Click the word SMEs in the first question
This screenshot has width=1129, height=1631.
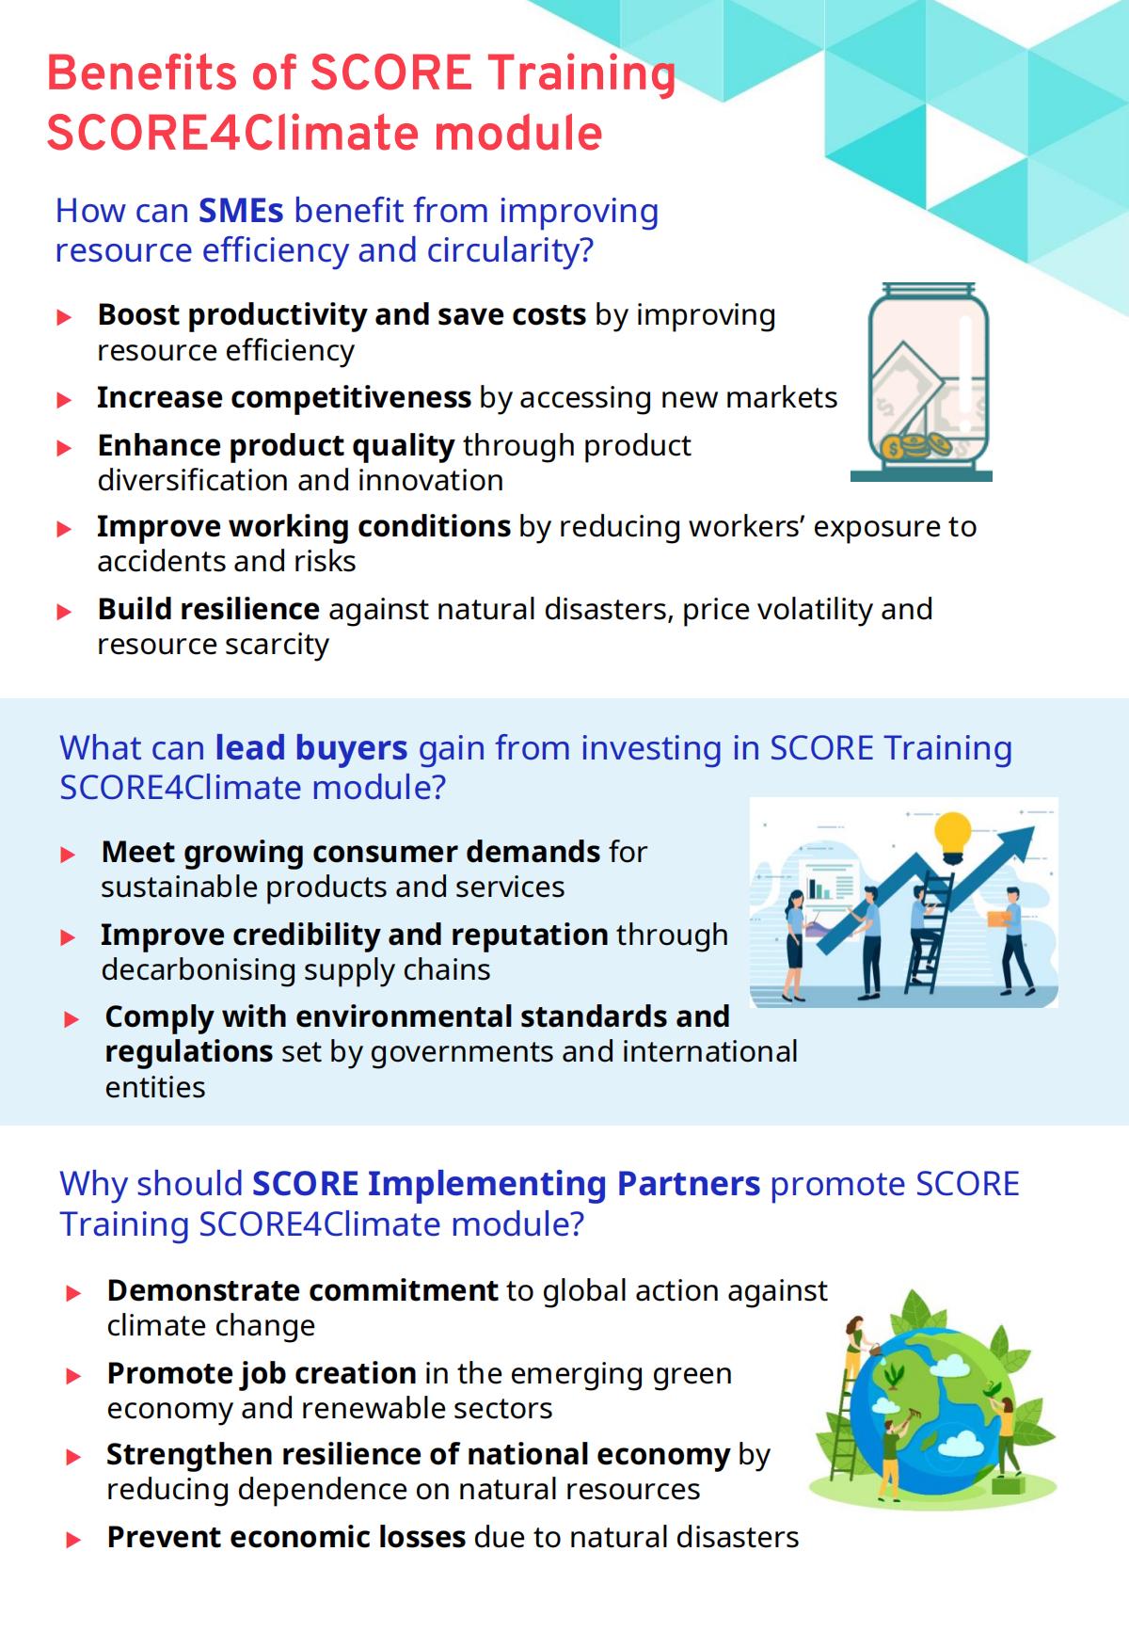coord(241,210)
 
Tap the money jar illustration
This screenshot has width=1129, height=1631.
coord(922,382)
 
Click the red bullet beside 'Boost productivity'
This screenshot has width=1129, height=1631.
coord(64,317)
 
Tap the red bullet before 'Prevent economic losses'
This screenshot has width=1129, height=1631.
coord(73,1541)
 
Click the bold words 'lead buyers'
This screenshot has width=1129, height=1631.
coord(311,747)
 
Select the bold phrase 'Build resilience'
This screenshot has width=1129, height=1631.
coord(209,609)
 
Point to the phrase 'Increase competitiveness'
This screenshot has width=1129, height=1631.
coord(284,398)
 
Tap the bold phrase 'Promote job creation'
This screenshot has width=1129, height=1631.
coord(262,1374)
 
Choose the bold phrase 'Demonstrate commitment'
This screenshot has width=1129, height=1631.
coord(303,1290)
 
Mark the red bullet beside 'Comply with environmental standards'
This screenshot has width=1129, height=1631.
coord(72,1019)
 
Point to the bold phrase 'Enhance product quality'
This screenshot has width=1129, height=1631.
coord(277,445)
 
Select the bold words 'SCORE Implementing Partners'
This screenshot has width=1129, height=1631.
coord(506,1183)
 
